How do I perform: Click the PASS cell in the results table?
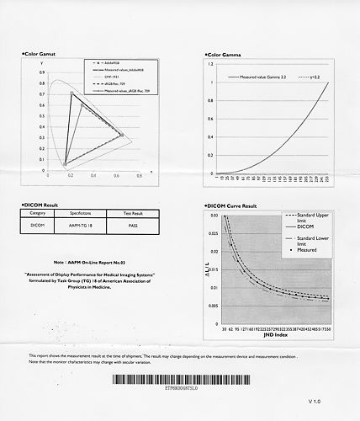pos(126,226)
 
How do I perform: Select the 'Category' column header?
pos(37,214)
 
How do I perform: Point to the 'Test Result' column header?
pos(126,214)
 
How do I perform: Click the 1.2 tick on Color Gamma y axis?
pos(209,63)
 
